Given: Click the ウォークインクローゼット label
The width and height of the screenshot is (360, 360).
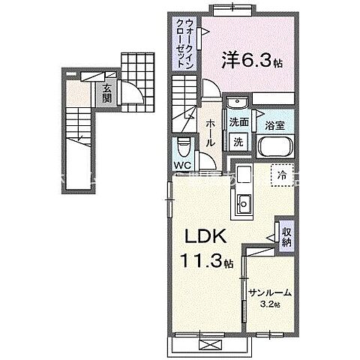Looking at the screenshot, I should pos(184,46).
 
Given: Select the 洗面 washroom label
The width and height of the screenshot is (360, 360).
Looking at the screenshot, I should pos(239,122).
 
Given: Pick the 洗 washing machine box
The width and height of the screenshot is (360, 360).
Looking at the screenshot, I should pos(238,141).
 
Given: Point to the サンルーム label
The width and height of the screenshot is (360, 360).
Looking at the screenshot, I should pos(270,293).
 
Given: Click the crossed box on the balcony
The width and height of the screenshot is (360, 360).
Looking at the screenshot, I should pos(208,343).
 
